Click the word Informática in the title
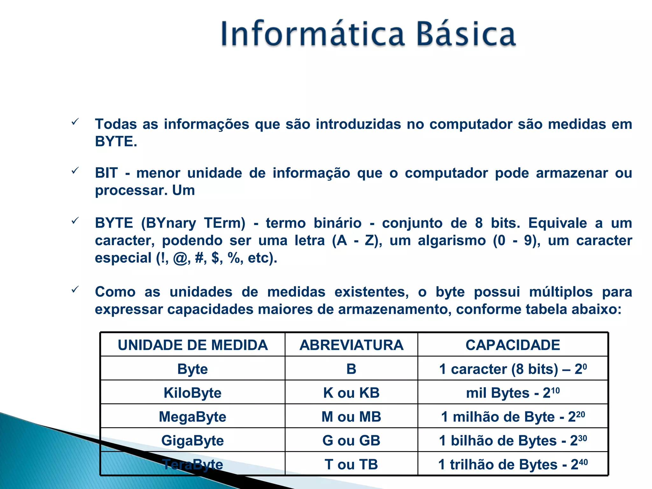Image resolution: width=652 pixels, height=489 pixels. [312, 33]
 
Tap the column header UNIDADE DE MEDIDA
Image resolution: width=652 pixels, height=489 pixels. [193, 345]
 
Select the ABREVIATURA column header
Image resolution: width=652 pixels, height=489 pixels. [351, 345]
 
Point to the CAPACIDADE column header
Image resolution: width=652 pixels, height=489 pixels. [513, 345]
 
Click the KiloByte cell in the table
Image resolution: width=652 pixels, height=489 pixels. [193, 393]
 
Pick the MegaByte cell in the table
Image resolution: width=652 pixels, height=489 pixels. [193, 417]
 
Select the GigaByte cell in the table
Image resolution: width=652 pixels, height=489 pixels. [193, 441]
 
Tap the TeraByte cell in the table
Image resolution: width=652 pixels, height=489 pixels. [193, 464]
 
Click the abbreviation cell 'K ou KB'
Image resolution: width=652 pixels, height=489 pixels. [351, 393]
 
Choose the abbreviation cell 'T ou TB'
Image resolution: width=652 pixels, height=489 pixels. [351, 464]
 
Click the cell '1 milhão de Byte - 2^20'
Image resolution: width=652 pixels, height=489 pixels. [513, 417]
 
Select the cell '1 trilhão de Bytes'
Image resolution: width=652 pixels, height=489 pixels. [513, 464]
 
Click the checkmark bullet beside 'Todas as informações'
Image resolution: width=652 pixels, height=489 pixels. [75, 122]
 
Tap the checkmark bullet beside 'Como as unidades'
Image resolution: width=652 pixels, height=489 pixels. [75, 289]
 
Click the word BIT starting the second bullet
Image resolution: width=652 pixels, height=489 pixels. [106, 173]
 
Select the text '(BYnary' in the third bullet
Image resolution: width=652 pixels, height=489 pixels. [168, 223]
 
